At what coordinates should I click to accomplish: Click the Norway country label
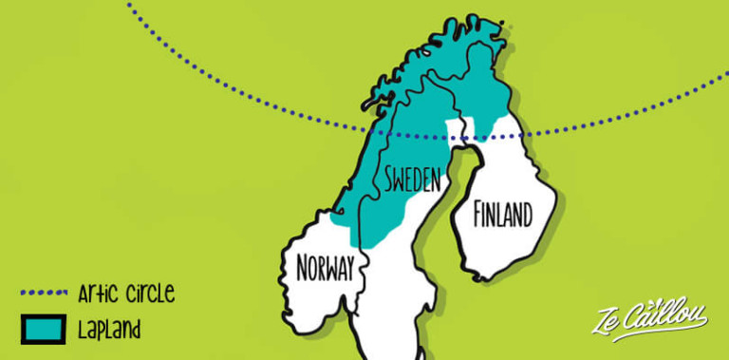pos(326,269)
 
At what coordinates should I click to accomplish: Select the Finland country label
pos(502,216)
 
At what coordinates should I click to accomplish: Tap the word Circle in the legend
pos(149,294)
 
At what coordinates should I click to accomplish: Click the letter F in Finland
pos(479,216)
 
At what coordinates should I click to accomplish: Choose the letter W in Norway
pos(329,269)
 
